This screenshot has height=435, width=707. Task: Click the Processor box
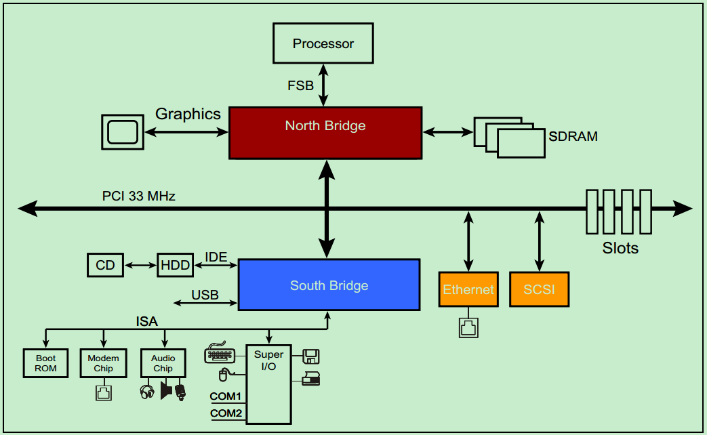click(x=323, y=43)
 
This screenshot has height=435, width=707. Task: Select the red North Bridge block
click(x=325, y=133)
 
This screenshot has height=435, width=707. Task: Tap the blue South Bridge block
click(x=329, y=285)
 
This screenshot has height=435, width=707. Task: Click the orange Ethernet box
click(x=468, y=289)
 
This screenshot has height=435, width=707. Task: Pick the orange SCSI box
click(x=539, y=289)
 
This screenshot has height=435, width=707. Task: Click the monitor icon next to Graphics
click(x=122, y=131)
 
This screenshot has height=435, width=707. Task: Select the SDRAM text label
click(x=573, y=136)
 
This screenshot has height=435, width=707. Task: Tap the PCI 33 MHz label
click(x=139, y=196)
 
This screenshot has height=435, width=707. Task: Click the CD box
click(x=106, y=265)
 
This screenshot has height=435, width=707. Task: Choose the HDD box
click(x=176, y=265)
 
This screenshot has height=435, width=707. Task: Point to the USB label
click(x=205, y=295)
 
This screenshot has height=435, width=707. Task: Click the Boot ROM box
click(x=46, y=363)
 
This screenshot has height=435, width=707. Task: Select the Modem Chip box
click(x=103, y=363)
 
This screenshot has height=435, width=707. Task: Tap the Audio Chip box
click(x=163, y=363)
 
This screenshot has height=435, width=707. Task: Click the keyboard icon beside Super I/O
click(x=219, y=354)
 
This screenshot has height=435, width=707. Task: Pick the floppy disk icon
click(x=311, y=356)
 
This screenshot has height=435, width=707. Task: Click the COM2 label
click(x=226, y=413)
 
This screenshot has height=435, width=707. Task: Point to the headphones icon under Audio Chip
click(x=147, y=392)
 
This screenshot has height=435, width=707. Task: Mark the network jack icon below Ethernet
click(x=468, y=328)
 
